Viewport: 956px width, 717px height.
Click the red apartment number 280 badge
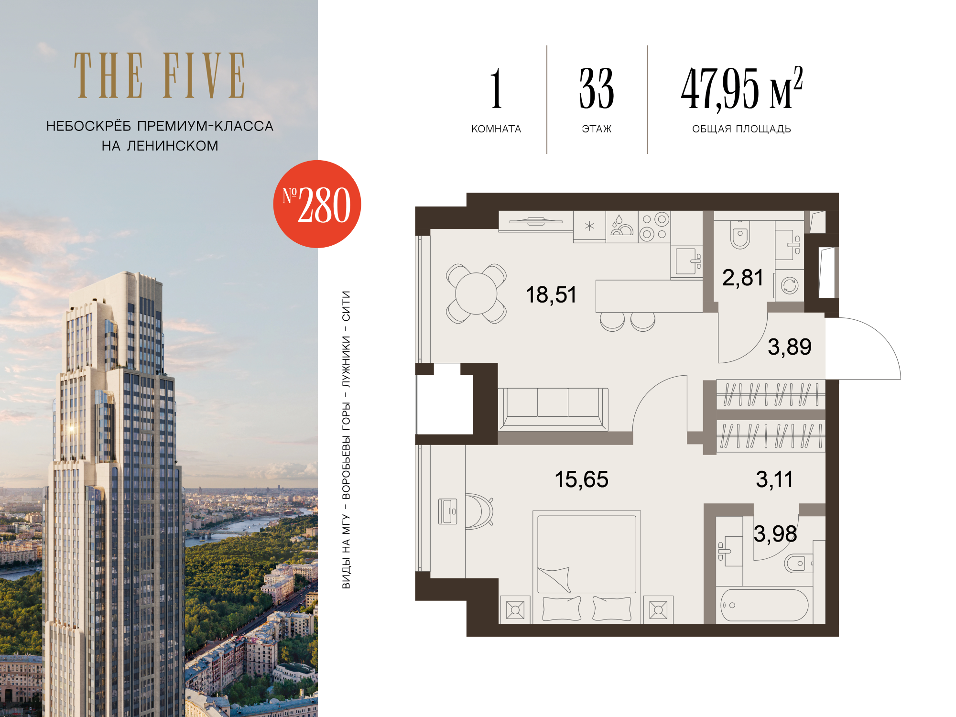coord(317,204)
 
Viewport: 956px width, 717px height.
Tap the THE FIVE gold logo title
coord(160,76)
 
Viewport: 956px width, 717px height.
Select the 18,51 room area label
coord(551,295)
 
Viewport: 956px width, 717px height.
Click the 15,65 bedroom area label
coord(581,479)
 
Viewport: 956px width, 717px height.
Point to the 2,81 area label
coord(742,278)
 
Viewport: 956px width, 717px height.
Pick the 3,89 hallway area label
coord(789,347)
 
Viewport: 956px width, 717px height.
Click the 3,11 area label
coord(774,479)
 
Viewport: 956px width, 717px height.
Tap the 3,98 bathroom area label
coord(775,534)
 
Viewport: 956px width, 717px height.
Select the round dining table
coord(476,293)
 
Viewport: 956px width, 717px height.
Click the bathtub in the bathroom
coord(764,605)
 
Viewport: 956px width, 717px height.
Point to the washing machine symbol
coord(789,286)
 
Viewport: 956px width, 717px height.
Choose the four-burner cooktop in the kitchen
coord(654,226)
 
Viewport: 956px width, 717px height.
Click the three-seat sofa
coord(553,409)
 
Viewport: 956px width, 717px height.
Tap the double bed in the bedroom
coord(587,567)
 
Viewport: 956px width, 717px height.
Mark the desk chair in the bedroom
coord(478,511)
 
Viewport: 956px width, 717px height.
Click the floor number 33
coord(597,88)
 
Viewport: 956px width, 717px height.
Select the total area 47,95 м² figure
coord(741,88)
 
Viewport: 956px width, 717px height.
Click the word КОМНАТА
coord(496,129)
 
